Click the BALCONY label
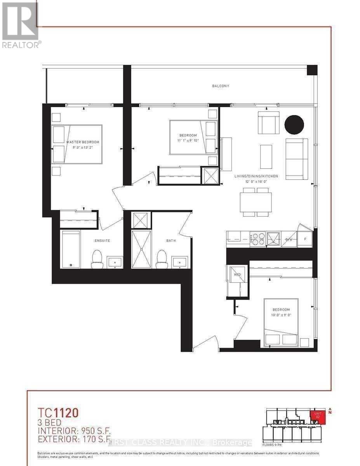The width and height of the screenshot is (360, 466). click(220, 86)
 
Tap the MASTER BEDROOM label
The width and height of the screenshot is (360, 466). click(82, 142)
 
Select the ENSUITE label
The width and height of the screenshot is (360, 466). click(102, 240)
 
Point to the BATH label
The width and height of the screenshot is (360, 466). click(171, 240)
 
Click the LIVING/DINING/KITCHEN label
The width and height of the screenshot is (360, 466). click(256, 176)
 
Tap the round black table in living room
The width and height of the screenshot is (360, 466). click(294, 125)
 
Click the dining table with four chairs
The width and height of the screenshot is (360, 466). click(256, 202)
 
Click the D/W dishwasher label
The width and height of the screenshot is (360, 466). click(289, 240)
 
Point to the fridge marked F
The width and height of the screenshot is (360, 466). click(305, 239)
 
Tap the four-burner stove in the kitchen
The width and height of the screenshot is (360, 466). click(257, 239)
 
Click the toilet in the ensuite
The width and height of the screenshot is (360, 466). click(97, 259)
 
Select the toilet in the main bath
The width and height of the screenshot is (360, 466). click(162, 259)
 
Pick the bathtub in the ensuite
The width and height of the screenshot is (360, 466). click(71, 249)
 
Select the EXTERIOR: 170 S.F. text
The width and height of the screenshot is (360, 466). click(72, 440)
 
